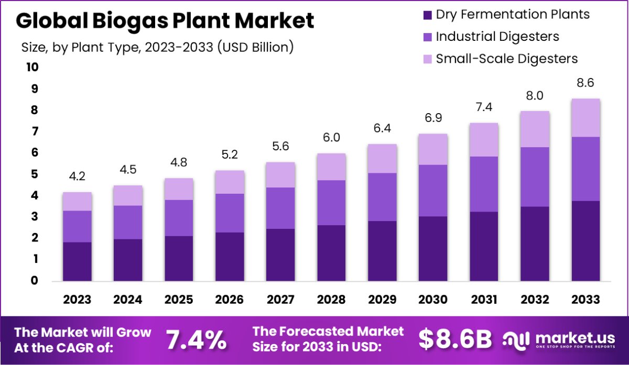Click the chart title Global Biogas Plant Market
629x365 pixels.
[165, 21]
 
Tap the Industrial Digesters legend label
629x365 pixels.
[497, 37]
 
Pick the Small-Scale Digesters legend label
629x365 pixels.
[507, 58]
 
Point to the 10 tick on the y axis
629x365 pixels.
[32, 68]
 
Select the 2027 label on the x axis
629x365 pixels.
[280, 300]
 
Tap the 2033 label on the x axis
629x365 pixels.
[585, 300]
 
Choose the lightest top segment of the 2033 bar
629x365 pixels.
[585, 118]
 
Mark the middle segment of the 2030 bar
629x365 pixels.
[433, 191]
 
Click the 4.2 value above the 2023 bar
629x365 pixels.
[78, 176]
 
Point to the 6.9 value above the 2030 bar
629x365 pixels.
[433, 118]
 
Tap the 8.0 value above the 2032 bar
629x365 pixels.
[535, 95]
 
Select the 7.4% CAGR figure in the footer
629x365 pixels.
[197, 339]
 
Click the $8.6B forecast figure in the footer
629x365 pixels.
[455, 339]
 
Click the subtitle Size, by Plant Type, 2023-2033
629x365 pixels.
[157, 47]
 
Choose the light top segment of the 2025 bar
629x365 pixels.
[179, 189]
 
